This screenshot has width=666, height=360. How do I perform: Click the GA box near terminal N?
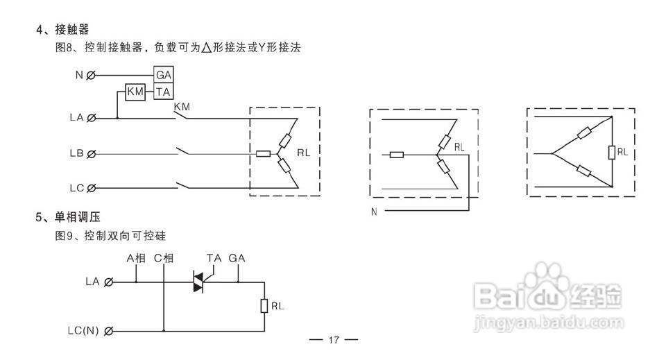coord(164,75)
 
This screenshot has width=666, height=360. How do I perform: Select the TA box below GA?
coord(164,92)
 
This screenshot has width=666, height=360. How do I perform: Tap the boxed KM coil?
coord(135,92)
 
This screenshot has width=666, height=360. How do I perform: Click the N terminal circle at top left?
coord(92,75)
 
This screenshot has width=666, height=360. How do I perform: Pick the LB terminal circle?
coord(92,153)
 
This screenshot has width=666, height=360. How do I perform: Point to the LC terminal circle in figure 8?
coord(92,187)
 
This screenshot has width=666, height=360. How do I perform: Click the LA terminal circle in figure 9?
coord(108,282)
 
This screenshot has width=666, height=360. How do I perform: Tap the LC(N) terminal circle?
coord(108,331)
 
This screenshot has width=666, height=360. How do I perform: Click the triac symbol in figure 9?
coord(199,282)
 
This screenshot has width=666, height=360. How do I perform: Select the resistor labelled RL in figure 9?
coord(264,306)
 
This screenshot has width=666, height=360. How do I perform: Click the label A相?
coord(136,258)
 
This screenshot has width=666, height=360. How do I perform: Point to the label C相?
coord(164,258)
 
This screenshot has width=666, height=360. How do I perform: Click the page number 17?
coord(333,340)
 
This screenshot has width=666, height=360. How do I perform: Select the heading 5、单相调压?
coord(72,217)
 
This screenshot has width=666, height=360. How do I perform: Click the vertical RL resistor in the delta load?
coord(612,153)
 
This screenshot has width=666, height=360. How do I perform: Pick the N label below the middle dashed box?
coord(374,211)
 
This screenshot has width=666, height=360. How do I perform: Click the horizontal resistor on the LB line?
coord(263,153)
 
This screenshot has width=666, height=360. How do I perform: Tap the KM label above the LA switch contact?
coord(182,105)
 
